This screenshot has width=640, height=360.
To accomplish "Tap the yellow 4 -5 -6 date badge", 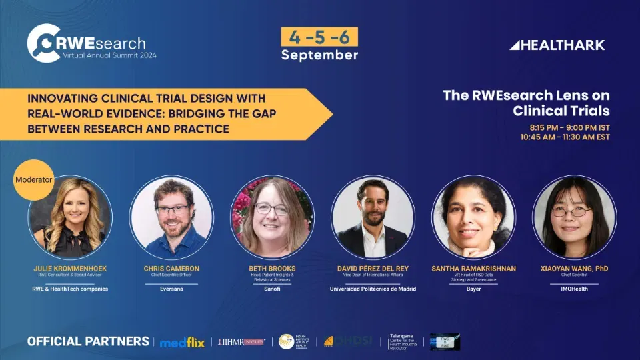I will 319,37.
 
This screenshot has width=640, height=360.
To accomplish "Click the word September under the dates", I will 319,55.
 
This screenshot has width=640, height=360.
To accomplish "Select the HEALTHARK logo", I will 557,45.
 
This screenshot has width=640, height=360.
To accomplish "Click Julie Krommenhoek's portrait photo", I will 70,217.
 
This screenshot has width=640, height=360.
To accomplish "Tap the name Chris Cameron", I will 171,269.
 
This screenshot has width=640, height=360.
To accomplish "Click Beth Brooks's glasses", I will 271,209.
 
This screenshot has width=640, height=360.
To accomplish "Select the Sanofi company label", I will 272,289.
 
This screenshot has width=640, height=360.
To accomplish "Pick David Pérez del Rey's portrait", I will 373,217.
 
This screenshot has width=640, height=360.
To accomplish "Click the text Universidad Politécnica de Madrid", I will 373,289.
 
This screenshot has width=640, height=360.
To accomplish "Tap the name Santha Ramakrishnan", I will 474,269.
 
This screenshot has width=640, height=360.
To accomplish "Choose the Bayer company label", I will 474,289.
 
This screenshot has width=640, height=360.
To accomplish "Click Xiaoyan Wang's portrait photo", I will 575,217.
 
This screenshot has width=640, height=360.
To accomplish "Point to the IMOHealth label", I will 575,289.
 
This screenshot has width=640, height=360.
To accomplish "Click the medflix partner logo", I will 182,342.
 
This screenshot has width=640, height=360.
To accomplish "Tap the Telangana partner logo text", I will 404,342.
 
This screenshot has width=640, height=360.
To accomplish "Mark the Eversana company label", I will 171,289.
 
